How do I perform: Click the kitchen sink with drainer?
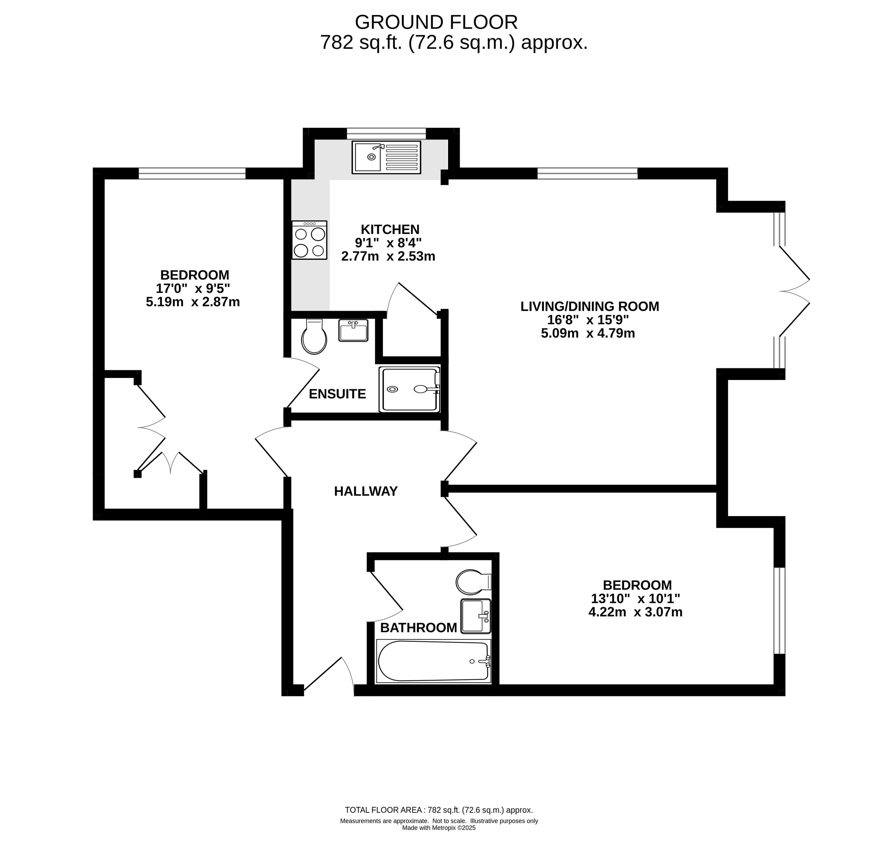386,157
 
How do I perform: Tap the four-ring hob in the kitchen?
309,240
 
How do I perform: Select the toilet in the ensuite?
314,337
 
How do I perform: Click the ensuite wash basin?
354,330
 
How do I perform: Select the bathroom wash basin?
475,616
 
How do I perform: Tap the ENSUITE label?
337,394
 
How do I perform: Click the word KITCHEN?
390,229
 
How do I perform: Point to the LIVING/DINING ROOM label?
590,306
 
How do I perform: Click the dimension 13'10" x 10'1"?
635,599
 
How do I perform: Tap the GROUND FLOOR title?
436,22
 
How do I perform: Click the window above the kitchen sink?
386,134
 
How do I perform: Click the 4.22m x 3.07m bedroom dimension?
635,612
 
